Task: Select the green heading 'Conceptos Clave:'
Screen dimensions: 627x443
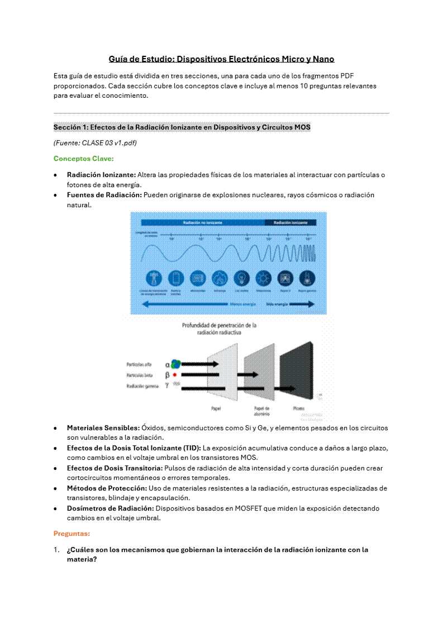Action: point(83,158)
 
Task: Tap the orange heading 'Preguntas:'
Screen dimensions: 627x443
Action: point(72,534)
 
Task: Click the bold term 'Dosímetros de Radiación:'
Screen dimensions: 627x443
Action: point(110,509)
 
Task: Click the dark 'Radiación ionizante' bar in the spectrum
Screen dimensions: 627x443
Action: point(290,222)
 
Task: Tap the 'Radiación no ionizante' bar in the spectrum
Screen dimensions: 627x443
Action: point(202,222)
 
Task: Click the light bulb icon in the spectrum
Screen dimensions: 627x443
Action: point(241,278)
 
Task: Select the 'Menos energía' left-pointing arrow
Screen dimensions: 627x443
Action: point(184,304)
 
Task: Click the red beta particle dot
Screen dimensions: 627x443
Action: point(175,374)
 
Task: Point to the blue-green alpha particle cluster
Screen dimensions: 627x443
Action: point(176,364)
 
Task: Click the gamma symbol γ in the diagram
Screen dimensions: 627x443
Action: point(166,385)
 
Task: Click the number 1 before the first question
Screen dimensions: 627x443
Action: point(56,549)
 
